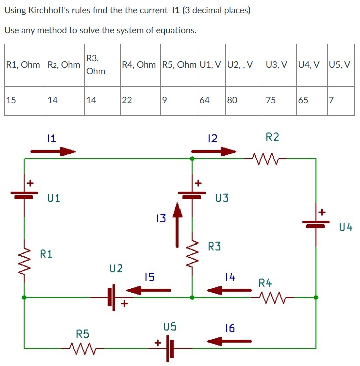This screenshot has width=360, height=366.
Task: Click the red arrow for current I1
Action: pos(53,151)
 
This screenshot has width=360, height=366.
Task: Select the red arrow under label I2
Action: pos(214,151)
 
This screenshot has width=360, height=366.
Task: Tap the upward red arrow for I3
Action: pos(176,224)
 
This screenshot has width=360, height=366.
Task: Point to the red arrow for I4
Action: pos(229,290)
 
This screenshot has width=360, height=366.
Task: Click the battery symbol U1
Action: pos(24,195)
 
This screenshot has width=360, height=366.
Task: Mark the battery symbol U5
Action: pos(170,347)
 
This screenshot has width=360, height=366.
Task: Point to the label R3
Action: pos(214,247)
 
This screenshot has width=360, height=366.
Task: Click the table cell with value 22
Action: pos(140,100)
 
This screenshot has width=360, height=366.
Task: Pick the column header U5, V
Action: pos(340,65)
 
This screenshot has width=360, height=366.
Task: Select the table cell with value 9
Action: pos(179,100)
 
